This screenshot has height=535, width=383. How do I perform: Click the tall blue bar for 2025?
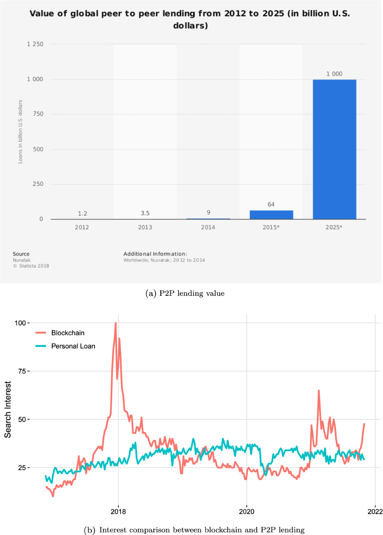(334, 149)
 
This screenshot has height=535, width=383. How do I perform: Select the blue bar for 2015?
(271, 215)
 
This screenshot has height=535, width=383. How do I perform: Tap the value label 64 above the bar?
(271, 204)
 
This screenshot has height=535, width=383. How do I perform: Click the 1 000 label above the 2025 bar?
(334, 74)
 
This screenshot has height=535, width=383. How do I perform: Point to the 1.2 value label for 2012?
(82, 214)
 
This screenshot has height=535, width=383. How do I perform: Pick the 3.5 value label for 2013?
(145, 213)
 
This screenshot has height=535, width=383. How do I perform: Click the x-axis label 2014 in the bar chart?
(208, 227)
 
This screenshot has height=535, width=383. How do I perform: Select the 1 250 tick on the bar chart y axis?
(35, 44)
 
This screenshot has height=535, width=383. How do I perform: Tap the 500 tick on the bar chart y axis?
(38, 149)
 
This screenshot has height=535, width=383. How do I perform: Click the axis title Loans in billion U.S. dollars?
(20, 132)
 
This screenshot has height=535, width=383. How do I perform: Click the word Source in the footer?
(21, 254)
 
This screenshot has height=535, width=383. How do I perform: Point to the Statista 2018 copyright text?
(31, 266)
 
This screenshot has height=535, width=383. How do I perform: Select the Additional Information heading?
(155, 254)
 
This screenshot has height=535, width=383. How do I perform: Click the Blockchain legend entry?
(68, 333)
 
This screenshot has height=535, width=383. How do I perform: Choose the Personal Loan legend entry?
(73, 346)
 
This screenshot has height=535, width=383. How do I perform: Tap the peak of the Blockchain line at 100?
(116, 323)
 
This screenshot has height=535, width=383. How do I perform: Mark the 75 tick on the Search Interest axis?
(22, 371)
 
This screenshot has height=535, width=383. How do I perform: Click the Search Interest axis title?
(8, 409)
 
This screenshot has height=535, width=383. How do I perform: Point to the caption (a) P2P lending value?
(185, 293)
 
